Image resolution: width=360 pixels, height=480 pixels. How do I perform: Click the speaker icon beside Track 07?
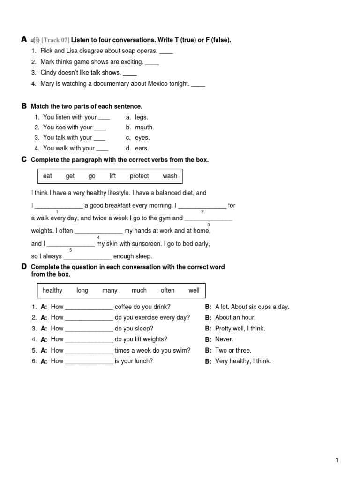pos(36,40)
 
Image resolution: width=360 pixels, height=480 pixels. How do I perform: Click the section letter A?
pos(24,40)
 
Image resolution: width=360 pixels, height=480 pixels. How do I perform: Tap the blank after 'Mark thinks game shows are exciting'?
pos(152,62)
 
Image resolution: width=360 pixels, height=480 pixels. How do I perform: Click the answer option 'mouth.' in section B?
pos(144,127)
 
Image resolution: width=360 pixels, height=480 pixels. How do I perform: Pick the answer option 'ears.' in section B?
pos(142,148)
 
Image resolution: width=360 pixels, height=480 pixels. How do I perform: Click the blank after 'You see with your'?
pos(100,128)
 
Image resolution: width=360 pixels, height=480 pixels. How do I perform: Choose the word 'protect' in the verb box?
pos(139,176)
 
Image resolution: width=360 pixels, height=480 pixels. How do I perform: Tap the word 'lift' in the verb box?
pos(112,176)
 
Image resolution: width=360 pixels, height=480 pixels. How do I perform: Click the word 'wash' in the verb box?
pos(170,176)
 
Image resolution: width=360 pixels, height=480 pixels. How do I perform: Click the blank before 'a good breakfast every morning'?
pos(59,206)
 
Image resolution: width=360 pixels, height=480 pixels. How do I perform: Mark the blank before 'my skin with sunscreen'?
pos(71,245)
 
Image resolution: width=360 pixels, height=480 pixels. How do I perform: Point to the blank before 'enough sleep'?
pos(87,257)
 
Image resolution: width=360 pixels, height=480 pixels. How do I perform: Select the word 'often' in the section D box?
pos(167,290)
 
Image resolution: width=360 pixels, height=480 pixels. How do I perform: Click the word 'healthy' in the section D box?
pos(52,290)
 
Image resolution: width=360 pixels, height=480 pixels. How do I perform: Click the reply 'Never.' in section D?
pos(224,339)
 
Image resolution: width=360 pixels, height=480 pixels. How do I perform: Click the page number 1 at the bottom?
pos(337,460)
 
